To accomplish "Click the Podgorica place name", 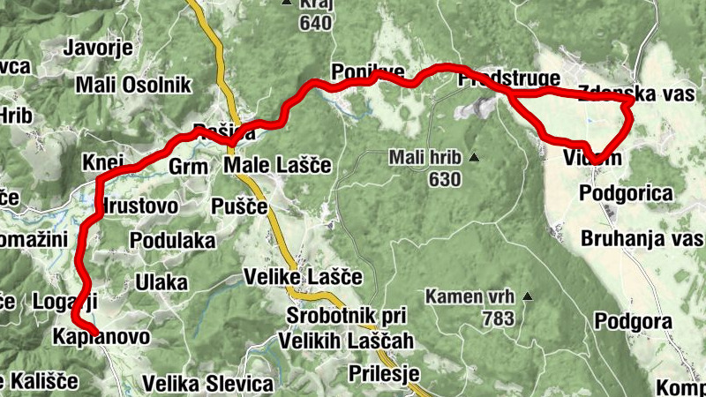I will point(627,193).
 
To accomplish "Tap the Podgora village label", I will point(634,321).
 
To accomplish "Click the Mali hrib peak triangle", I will point(474,159).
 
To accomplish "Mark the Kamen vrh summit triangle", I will point(528,296).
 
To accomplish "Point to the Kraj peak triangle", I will point(286,4).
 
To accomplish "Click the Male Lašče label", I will point(276,165).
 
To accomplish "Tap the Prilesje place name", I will point(383,372).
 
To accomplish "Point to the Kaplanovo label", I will point(101,338).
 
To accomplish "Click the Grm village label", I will point(186,166).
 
